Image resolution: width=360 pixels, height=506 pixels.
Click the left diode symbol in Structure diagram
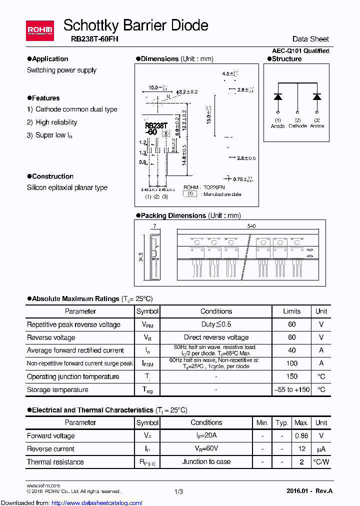278,96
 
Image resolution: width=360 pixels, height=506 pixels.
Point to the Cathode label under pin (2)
297,126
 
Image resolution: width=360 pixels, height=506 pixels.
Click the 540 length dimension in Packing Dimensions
251,226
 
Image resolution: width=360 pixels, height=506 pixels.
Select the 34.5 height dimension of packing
141,257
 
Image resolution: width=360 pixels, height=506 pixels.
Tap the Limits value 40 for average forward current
292,350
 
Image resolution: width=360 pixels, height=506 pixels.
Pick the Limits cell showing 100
292,363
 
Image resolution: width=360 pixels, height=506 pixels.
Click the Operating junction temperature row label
73,376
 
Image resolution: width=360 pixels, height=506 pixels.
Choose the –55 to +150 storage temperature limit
292,389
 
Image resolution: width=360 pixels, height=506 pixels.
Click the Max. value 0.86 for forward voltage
301,435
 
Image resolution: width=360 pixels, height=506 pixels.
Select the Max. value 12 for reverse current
301,448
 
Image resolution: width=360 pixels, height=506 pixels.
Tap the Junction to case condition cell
206,461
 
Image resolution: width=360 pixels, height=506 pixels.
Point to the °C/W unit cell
321,461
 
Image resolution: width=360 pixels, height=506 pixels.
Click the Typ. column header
282,422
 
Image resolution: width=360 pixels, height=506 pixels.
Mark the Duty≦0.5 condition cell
216,324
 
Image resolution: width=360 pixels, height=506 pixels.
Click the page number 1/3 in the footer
178,492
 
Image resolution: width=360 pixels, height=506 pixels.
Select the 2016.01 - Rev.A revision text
309,491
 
